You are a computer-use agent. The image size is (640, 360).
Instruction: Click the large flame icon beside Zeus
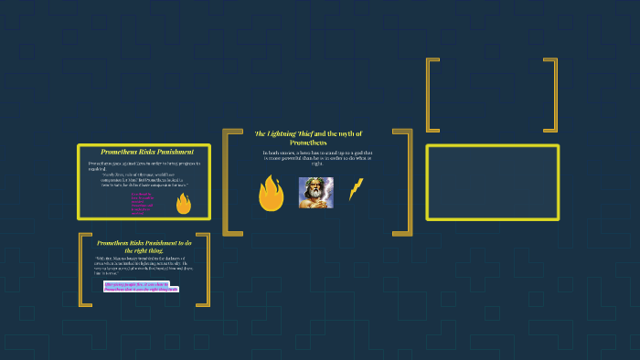click(x=271, y=193)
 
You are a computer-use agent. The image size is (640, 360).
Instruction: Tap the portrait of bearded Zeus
click(x=315, y=192)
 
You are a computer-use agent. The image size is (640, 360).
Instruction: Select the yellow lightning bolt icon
click(x=356, y=189)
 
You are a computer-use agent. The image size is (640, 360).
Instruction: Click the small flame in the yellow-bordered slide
click(x=183, y=203)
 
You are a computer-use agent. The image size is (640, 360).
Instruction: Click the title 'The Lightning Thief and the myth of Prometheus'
click(x=308, y=138)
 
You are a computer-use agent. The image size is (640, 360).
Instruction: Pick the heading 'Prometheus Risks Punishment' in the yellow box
click(x=146, y=152)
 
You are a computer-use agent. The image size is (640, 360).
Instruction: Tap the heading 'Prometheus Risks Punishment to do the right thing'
click(x=144, y=246)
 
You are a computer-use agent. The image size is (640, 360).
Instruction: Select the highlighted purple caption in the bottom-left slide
click(x=141, y=287)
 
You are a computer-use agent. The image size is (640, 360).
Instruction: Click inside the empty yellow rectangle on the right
click(x=492, y=183)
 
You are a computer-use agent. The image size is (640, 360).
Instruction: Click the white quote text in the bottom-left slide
click(x=144, y=266)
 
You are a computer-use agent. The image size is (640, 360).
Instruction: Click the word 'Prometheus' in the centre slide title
click(x=308, y=143)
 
